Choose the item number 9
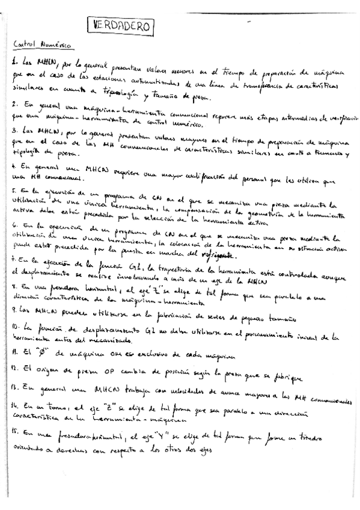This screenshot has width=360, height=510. coord(14,310)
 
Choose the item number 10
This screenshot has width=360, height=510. coord(16,328)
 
